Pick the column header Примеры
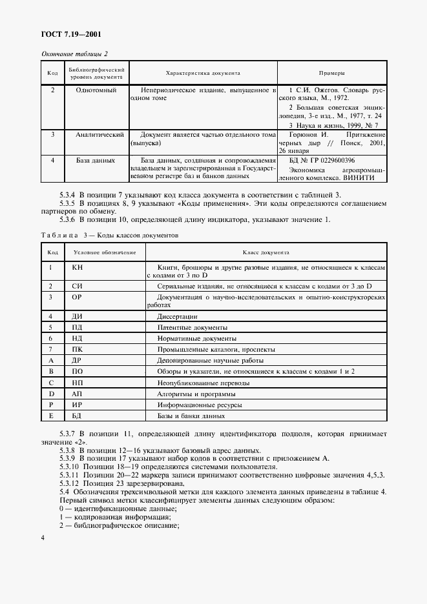pos(332,73)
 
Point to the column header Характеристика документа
pos(203,73)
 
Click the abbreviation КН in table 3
pos(78,267)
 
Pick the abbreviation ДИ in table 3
pos(77,316)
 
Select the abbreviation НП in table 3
pos(77,382)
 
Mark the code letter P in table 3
pos(50,405)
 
